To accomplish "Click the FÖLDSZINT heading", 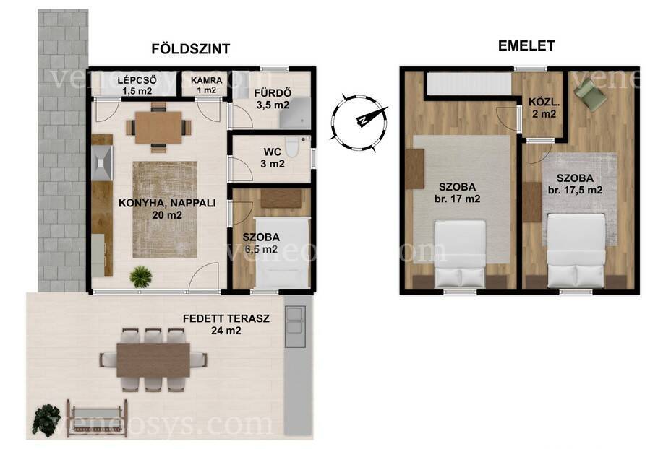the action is tap(190, 48).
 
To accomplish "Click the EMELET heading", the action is tap(526, 45).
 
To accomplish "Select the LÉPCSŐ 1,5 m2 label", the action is tap(137, 85).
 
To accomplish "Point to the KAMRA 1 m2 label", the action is tap(207, 85).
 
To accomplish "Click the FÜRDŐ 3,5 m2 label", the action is tap(273, 99).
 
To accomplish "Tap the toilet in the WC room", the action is tap(294, 146).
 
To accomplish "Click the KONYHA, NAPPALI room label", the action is tap(167, 209).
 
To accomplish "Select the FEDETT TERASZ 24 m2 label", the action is tap(226, 324).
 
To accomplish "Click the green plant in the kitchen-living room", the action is tap(141, 276).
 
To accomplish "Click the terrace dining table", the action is tap(153, 359).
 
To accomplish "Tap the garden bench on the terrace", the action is tap(97, 418).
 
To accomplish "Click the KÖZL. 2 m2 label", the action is tap(542, 108).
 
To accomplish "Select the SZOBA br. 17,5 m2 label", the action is tap(575, 184).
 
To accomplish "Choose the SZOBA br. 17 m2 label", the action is tap(458, 193).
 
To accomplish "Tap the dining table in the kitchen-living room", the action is tap(159, 127).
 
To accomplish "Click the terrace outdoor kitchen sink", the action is tap(295, 320).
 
